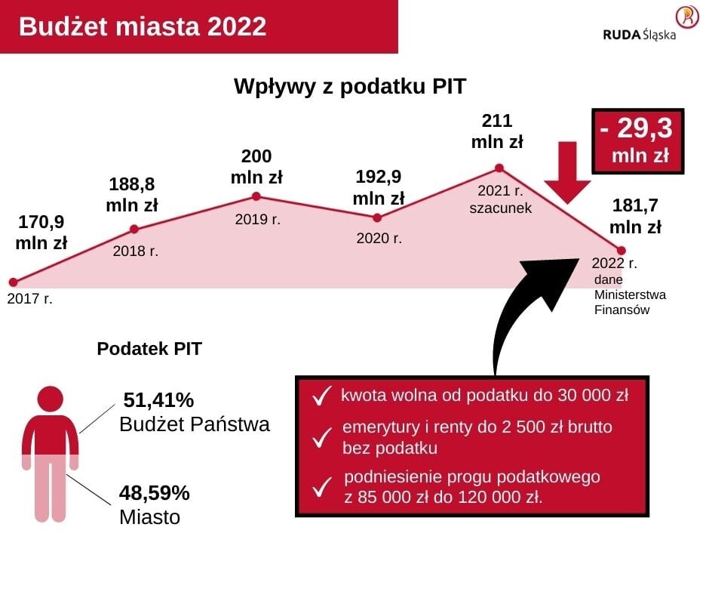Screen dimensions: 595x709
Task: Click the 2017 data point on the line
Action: (x=12, y=282)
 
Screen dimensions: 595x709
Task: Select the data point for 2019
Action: (x=256, y=196)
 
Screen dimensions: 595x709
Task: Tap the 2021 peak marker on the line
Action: (x=499, y=168)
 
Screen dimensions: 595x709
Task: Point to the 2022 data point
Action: (x=622, y=250)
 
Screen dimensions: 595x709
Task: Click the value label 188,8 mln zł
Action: (x=131, y=195)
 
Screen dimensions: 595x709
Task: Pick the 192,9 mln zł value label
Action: (x=378, y=187)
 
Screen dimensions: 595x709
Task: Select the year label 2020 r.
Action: (x=379, y=239)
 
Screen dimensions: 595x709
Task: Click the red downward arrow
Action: (x=569, y=172)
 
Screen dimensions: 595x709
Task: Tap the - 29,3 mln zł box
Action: (x=637, y=140)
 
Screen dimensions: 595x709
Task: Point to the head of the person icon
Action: (x=50, y=399)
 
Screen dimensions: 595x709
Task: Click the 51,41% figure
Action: (x=158, y=399)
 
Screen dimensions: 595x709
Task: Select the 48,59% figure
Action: (x=154, y=493)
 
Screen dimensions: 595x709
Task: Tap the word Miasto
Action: (x=149, y=518)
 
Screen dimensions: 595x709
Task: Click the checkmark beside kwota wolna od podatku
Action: (x=321, y=396)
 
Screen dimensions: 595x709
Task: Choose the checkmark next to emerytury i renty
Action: (x=322, y=437)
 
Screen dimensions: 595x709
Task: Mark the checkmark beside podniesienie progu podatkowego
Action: (x=322, y=487)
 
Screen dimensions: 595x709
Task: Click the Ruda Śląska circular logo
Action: (x=686, y=17)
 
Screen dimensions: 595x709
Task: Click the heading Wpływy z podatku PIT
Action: (x=350, y=86)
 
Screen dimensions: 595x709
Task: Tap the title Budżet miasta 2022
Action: (x=143, y=26)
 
